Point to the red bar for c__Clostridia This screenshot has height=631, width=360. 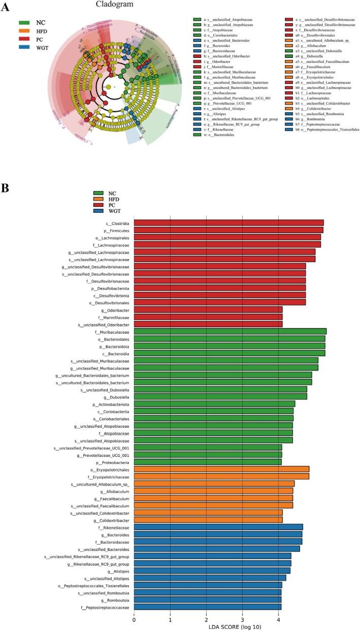click(x=228, y=222)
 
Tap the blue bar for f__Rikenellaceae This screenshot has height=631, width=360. click(x=218, y=527)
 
